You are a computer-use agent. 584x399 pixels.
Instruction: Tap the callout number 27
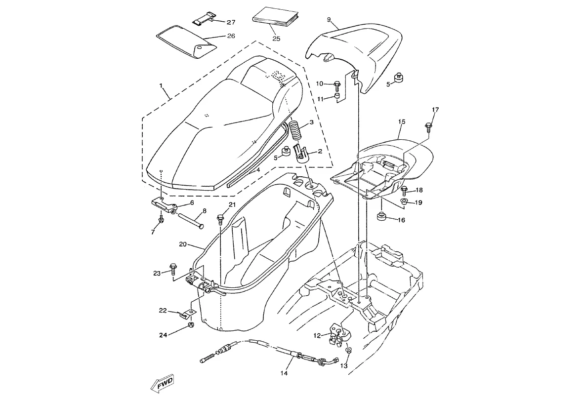pos(231,22)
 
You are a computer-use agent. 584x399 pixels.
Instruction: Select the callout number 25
pos(276,39)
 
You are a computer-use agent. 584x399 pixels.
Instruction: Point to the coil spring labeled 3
pos(295,130)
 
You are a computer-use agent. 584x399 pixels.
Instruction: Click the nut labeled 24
pos(191,325)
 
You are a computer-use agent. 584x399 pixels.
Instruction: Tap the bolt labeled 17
pos(428,127)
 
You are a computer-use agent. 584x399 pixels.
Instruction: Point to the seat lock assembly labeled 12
pos(339,332)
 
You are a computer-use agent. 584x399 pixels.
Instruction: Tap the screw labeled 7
pos(161,220)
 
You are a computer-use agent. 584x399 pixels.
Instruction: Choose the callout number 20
pos(183,244)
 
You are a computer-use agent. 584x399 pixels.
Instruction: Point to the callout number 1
pos(161,85)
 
